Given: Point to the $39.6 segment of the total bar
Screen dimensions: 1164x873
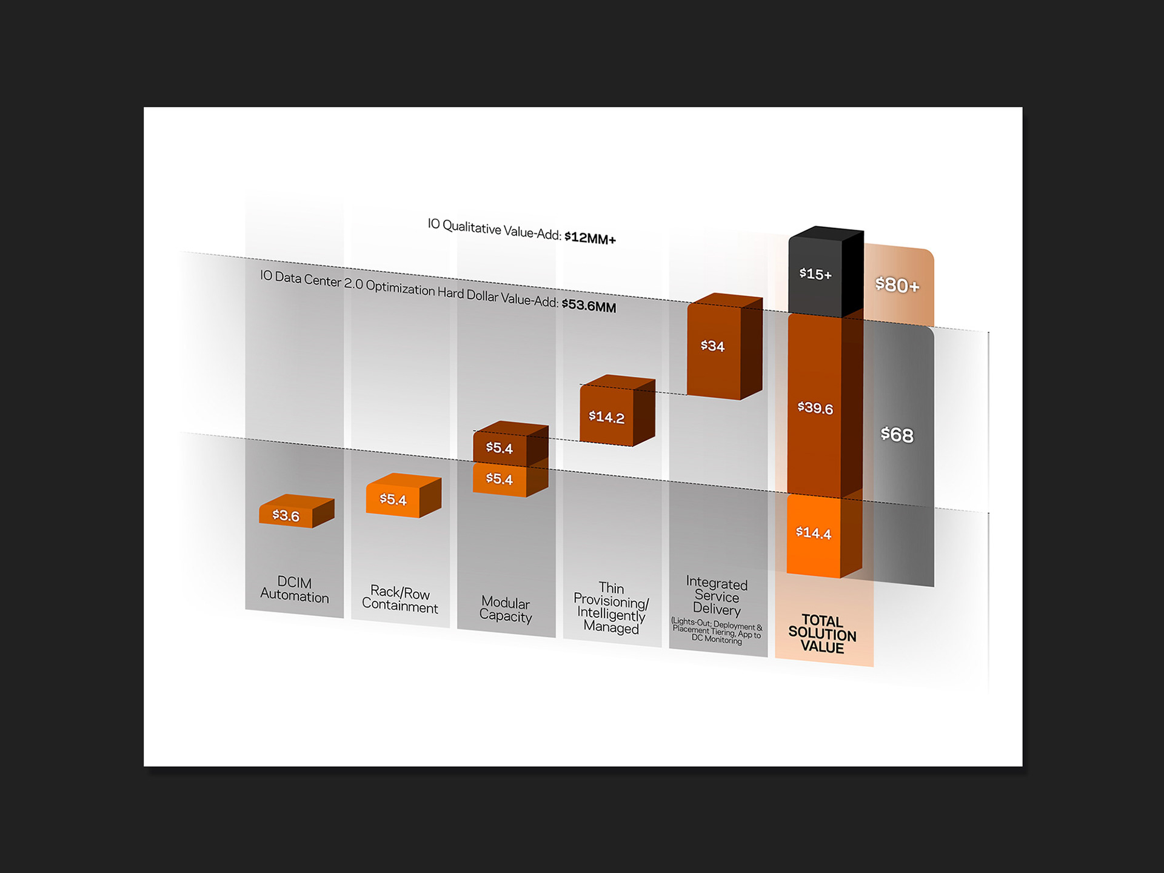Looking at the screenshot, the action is click(815, 407).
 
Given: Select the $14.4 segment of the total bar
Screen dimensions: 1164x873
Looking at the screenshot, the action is click(814, 533).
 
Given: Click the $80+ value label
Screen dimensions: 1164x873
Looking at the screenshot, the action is click(897, 285).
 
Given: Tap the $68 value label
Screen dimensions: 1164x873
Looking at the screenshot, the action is click(897, 435).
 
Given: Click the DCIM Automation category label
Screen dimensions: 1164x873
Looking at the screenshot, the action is click(295, 589).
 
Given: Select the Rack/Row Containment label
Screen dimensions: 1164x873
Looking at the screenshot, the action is click(400, 599).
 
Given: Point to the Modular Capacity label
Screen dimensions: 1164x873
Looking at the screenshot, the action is click(506, 609).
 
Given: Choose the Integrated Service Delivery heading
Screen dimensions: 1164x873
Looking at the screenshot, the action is click(717, 597).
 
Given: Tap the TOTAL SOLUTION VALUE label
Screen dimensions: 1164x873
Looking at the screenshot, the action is click(823, 634).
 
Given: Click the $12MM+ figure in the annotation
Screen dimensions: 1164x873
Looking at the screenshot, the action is click(590, 238).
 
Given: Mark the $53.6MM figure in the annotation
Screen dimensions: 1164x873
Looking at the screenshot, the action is click(589, 305).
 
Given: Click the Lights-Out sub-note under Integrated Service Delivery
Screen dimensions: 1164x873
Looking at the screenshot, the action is click(717, 631).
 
